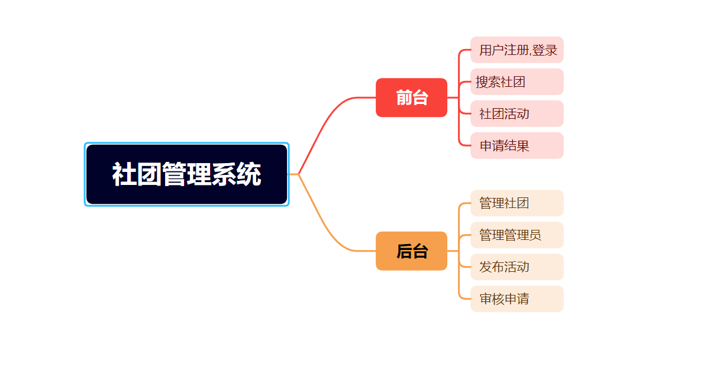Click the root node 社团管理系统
pos(186,174)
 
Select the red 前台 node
pos(411,97)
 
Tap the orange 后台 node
pos(411,251)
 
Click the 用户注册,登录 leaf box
pos(517,50)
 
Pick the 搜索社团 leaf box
pos(517,82)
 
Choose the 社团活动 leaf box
pos(517,113)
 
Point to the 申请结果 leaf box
pos(517,145)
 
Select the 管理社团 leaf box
pos(517,203)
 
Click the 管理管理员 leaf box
pos(517,235)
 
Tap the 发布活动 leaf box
pos(517,267)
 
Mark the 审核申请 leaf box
pos(517,299)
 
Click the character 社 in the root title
pos(124,175)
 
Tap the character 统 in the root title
pos(248,175)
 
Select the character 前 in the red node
pos(404,98)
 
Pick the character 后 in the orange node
pos(404,252)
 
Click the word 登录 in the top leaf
pos(545,50)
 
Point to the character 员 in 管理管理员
pos(535,235)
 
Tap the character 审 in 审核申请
pos(486,299)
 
